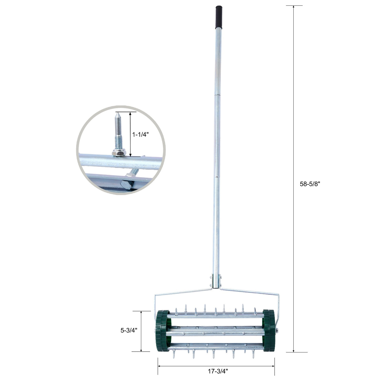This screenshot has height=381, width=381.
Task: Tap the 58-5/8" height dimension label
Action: point(310,184)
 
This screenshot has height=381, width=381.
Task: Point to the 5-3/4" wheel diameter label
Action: point(129,330)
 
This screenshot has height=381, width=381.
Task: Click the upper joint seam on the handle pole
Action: point(217,95)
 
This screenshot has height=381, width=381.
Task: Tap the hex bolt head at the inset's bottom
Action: point(126,186)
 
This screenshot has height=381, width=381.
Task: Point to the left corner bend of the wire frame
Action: point(155,295)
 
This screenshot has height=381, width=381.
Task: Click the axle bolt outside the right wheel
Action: point(277,331)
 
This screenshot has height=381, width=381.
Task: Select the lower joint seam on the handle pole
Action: point(217,177)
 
